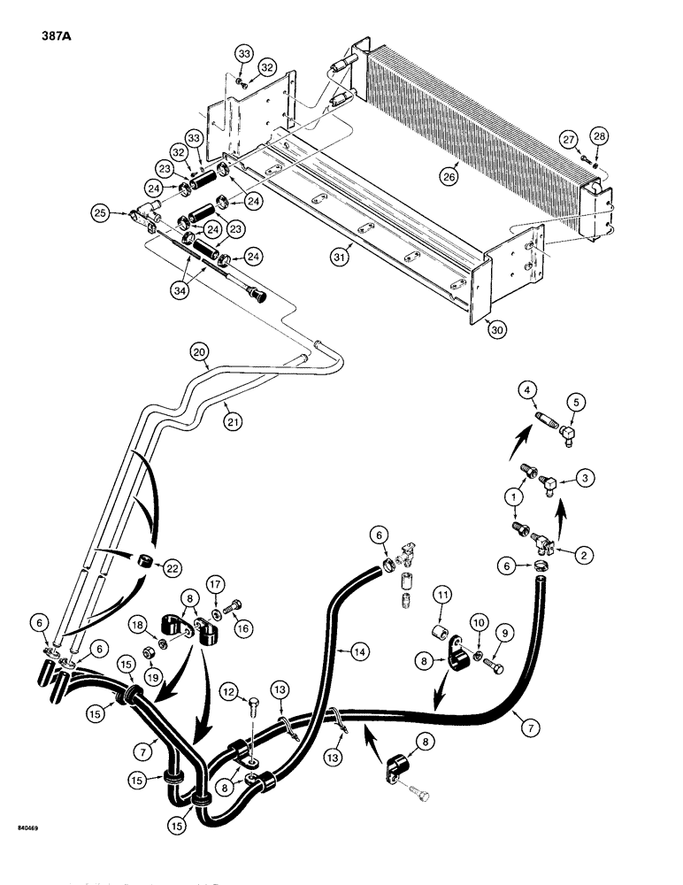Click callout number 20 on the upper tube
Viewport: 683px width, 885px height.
200,353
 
